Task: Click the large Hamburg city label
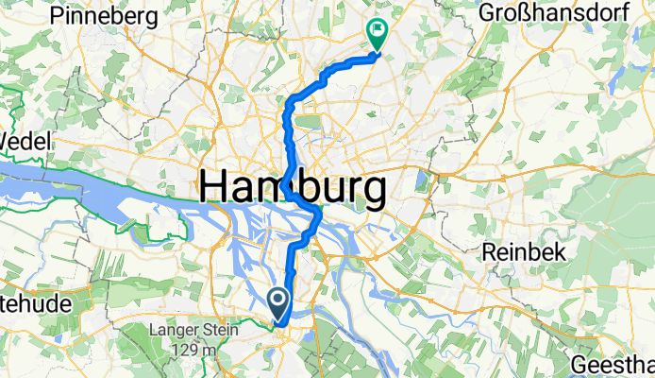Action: pyautogui.click(x=293, y=190)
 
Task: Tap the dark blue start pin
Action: pyautogui.click(x=280, y=303)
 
